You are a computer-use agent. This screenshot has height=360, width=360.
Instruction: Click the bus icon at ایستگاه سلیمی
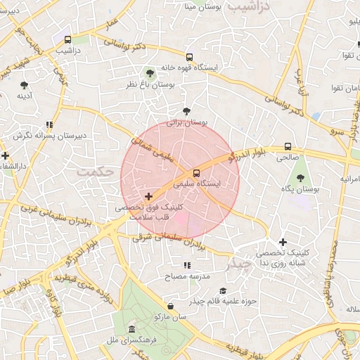pyautogui.click(x=195, y=173)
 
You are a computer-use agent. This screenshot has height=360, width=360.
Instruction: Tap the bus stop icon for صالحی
pyautogui.click(x=288, y=147)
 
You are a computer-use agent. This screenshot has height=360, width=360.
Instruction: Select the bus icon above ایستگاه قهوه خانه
pyautogui.click(x=189, y=57)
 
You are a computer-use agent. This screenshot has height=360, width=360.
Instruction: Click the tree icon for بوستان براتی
pyautogui.click(x=186, y=111)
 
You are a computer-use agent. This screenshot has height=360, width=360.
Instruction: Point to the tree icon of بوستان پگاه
pyautogui.click(x=301, y=179)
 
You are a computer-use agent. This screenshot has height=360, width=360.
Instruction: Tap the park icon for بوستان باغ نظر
pyautogui.click(x=149, y=73)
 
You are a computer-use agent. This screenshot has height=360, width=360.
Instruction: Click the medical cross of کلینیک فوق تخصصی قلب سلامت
pyautogui.click(x=148, y=196)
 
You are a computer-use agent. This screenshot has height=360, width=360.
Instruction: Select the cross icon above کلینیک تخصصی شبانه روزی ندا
pyautogui.click(x=283, y=242)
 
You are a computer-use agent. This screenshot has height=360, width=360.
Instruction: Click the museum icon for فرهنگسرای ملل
pyautogui.click(x=131, y=330)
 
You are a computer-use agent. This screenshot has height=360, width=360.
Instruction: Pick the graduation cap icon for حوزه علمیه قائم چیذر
pyautogui.click(x=223, y=291)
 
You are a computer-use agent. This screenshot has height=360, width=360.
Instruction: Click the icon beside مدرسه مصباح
pyautogui.click(x=187, y=266)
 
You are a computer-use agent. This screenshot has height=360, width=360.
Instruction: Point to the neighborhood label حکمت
pyautogui.click(x=95, y=171)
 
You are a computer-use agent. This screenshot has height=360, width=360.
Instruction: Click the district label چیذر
pyautogui.click(x=239, y=265)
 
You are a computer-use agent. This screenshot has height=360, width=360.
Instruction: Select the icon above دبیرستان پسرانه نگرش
pyautogui.click(x=49, y=124)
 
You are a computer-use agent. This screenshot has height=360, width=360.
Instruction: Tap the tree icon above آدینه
pyautogui.click(x=24, y=85)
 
